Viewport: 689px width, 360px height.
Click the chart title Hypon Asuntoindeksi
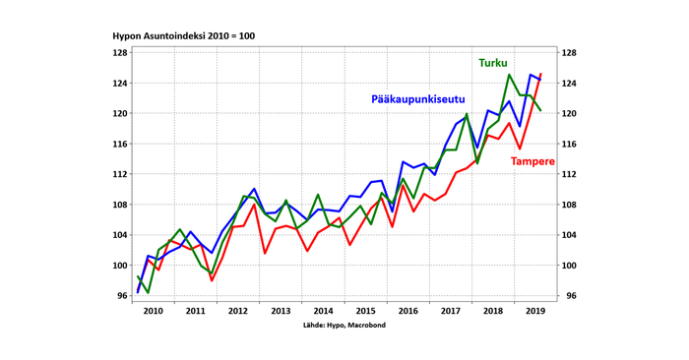pos(184,36)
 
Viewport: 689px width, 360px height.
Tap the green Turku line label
pos(493,63)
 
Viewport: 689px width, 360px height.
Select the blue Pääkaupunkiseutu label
pos(417,99)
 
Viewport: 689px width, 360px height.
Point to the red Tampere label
pos(532,161)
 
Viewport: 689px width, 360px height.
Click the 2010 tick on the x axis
pos(153,311)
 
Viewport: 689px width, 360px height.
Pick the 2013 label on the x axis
pos(281,311)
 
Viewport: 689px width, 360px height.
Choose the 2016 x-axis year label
pos(407,311)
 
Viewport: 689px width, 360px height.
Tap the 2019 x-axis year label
pos(534,311)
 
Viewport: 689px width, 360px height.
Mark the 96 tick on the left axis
pos(120,296)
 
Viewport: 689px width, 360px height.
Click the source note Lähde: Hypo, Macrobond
pos(344,325)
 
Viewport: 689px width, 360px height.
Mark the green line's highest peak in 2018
pos(510,75)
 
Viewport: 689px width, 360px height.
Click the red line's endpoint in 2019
pos(540,74)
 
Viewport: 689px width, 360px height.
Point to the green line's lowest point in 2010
pos(148,292)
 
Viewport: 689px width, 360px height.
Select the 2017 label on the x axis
pos(450,311)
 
